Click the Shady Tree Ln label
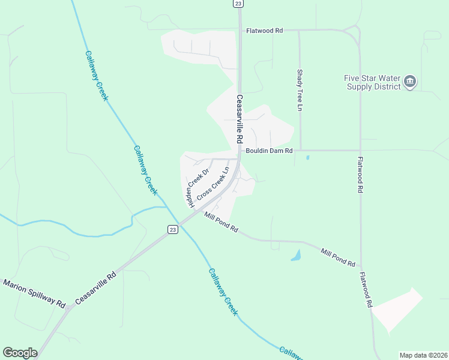click(x=300, y=90)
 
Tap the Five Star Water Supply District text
click(x=372, y=82)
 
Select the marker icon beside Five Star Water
click(x=410, y=81)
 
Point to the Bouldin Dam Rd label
click(x=268, y=151)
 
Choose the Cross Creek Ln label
click(x=214, y=184)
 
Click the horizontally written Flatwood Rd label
click(x=264, y=30)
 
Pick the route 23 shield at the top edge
click(x=238, y=4)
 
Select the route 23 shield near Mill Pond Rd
click(x=172, y=230)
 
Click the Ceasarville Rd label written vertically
click(x=239, y=119)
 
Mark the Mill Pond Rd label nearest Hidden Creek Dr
click(x=221, y=222)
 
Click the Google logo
click(x=20, y=353)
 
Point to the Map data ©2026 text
click(x=424, y=355)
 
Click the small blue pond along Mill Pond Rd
click(x=296, y=256)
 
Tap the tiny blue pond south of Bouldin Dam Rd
click(x=307, y=158)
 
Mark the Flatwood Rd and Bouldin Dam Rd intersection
click(x=360, y=150)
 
